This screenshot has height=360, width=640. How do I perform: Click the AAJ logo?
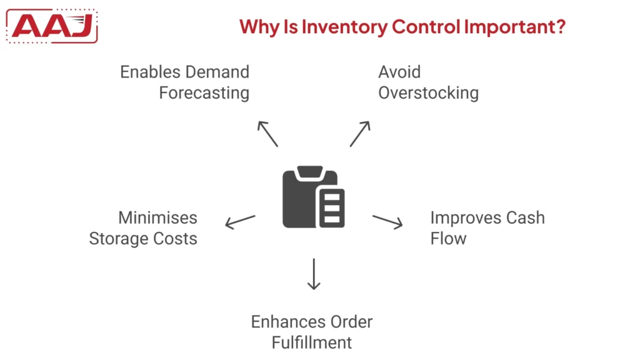[55, 27]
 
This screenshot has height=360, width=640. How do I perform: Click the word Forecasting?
[204, 93]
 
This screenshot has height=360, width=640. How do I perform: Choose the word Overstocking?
[428, 93]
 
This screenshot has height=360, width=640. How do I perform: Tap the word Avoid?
[399, 72]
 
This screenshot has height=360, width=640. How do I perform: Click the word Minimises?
[157, 218]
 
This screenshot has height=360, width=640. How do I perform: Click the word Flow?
[448, 239]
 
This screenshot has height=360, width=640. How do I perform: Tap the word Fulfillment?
[312, 342]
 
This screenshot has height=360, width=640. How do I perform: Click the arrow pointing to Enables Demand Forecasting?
[267, 133]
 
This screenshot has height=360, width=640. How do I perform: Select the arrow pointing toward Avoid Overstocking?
[360, 133]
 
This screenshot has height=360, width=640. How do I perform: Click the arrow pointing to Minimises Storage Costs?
[241, 221]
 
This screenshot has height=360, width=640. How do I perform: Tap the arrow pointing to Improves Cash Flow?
[387, 222]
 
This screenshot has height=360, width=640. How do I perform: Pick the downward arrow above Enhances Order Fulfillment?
[314, 273]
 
